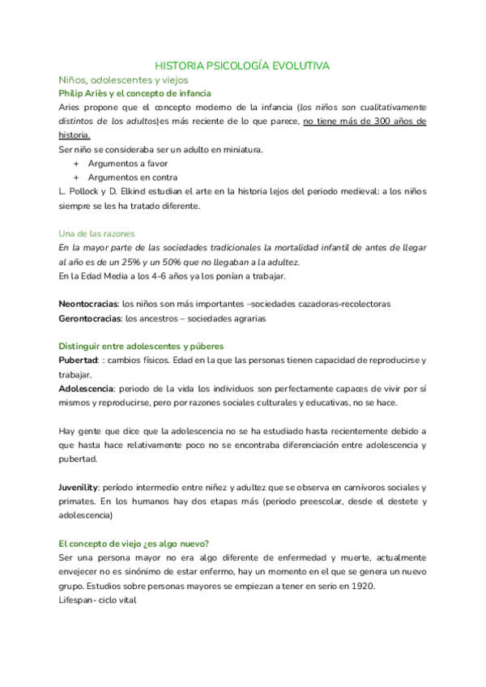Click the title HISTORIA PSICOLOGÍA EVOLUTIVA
242,66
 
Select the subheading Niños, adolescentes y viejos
123,80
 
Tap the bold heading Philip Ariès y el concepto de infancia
135,94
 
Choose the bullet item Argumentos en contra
133,177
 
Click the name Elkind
148,192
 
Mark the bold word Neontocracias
88,304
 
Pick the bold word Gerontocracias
91,318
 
